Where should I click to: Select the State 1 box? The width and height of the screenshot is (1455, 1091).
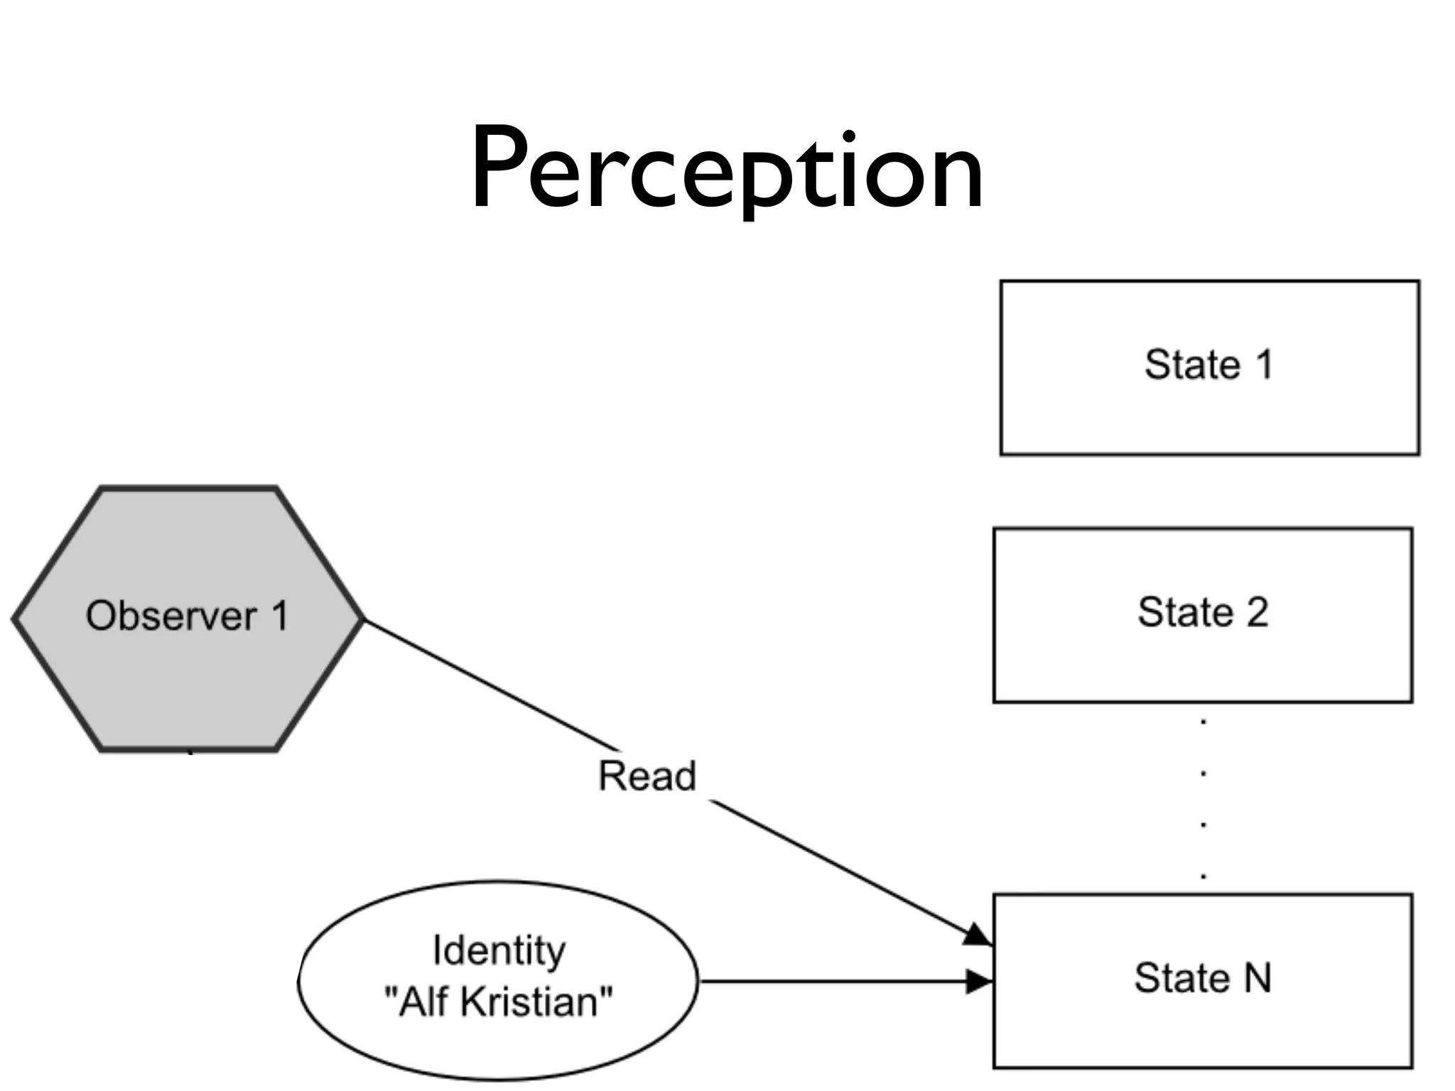(1209, 367)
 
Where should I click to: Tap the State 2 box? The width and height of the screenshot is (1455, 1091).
(1202, 614)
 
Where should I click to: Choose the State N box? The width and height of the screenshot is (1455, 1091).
(1202, 981)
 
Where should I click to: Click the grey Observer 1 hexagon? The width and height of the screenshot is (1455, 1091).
(188, 618)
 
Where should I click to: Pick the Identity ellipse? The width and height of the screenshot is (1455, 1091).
(497, 980)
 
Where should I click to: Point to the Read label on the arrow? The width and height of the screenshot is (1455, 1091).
(647, 776)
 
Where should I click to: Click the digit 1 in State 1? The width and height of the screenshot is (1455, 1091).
(1264, 365)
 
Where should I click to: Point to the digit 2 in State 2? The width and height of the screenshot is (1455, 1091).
(1257, 612)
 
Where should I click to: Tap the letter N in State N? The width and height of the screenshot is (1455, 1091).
(1257, 978)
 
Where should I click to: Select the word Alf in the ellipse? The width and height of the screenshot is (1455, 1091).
(424, 1002)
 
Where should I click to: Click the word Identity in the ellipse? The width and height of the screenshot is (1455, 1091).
(499, 951)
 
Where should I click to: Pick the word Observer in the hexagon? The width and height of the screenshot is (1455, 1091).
(171, 616)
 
